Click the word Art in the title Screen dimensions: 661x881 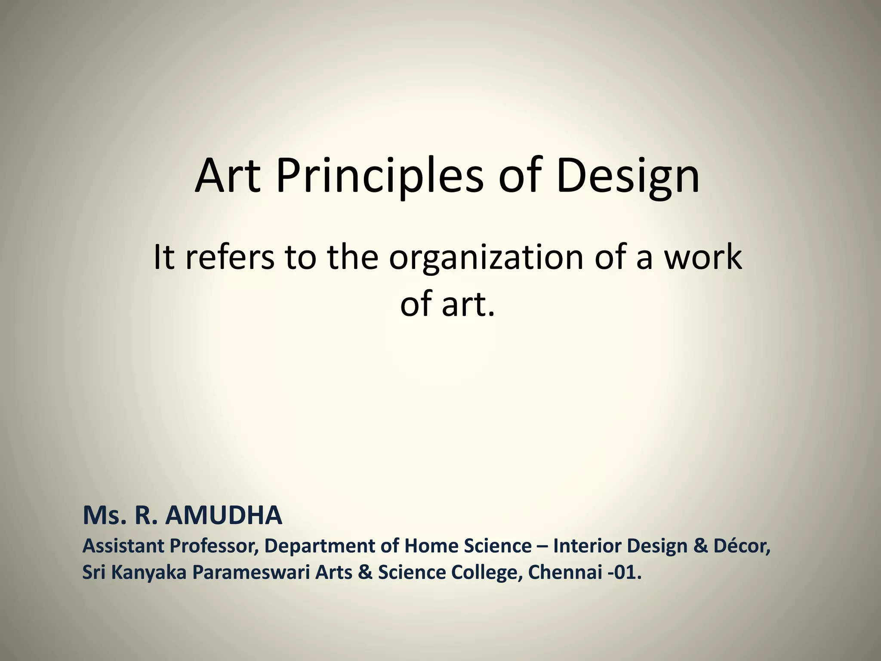coord(228,176)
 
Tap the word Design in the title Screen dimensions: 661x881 coord(628,176)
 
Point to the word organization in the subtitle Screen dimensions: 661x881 coord(486,258)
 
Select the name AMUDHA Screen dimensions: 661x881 coord(224,516)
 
